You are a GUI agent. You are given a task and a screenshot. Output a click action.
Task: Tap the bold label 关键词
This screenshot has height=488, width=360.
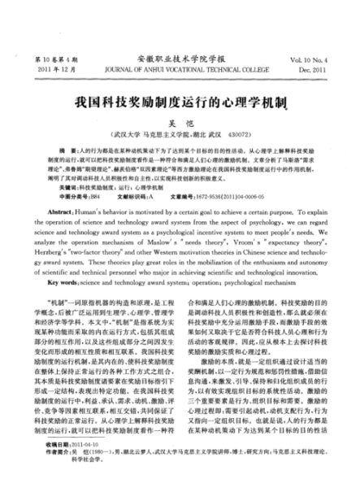[58, 186]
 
